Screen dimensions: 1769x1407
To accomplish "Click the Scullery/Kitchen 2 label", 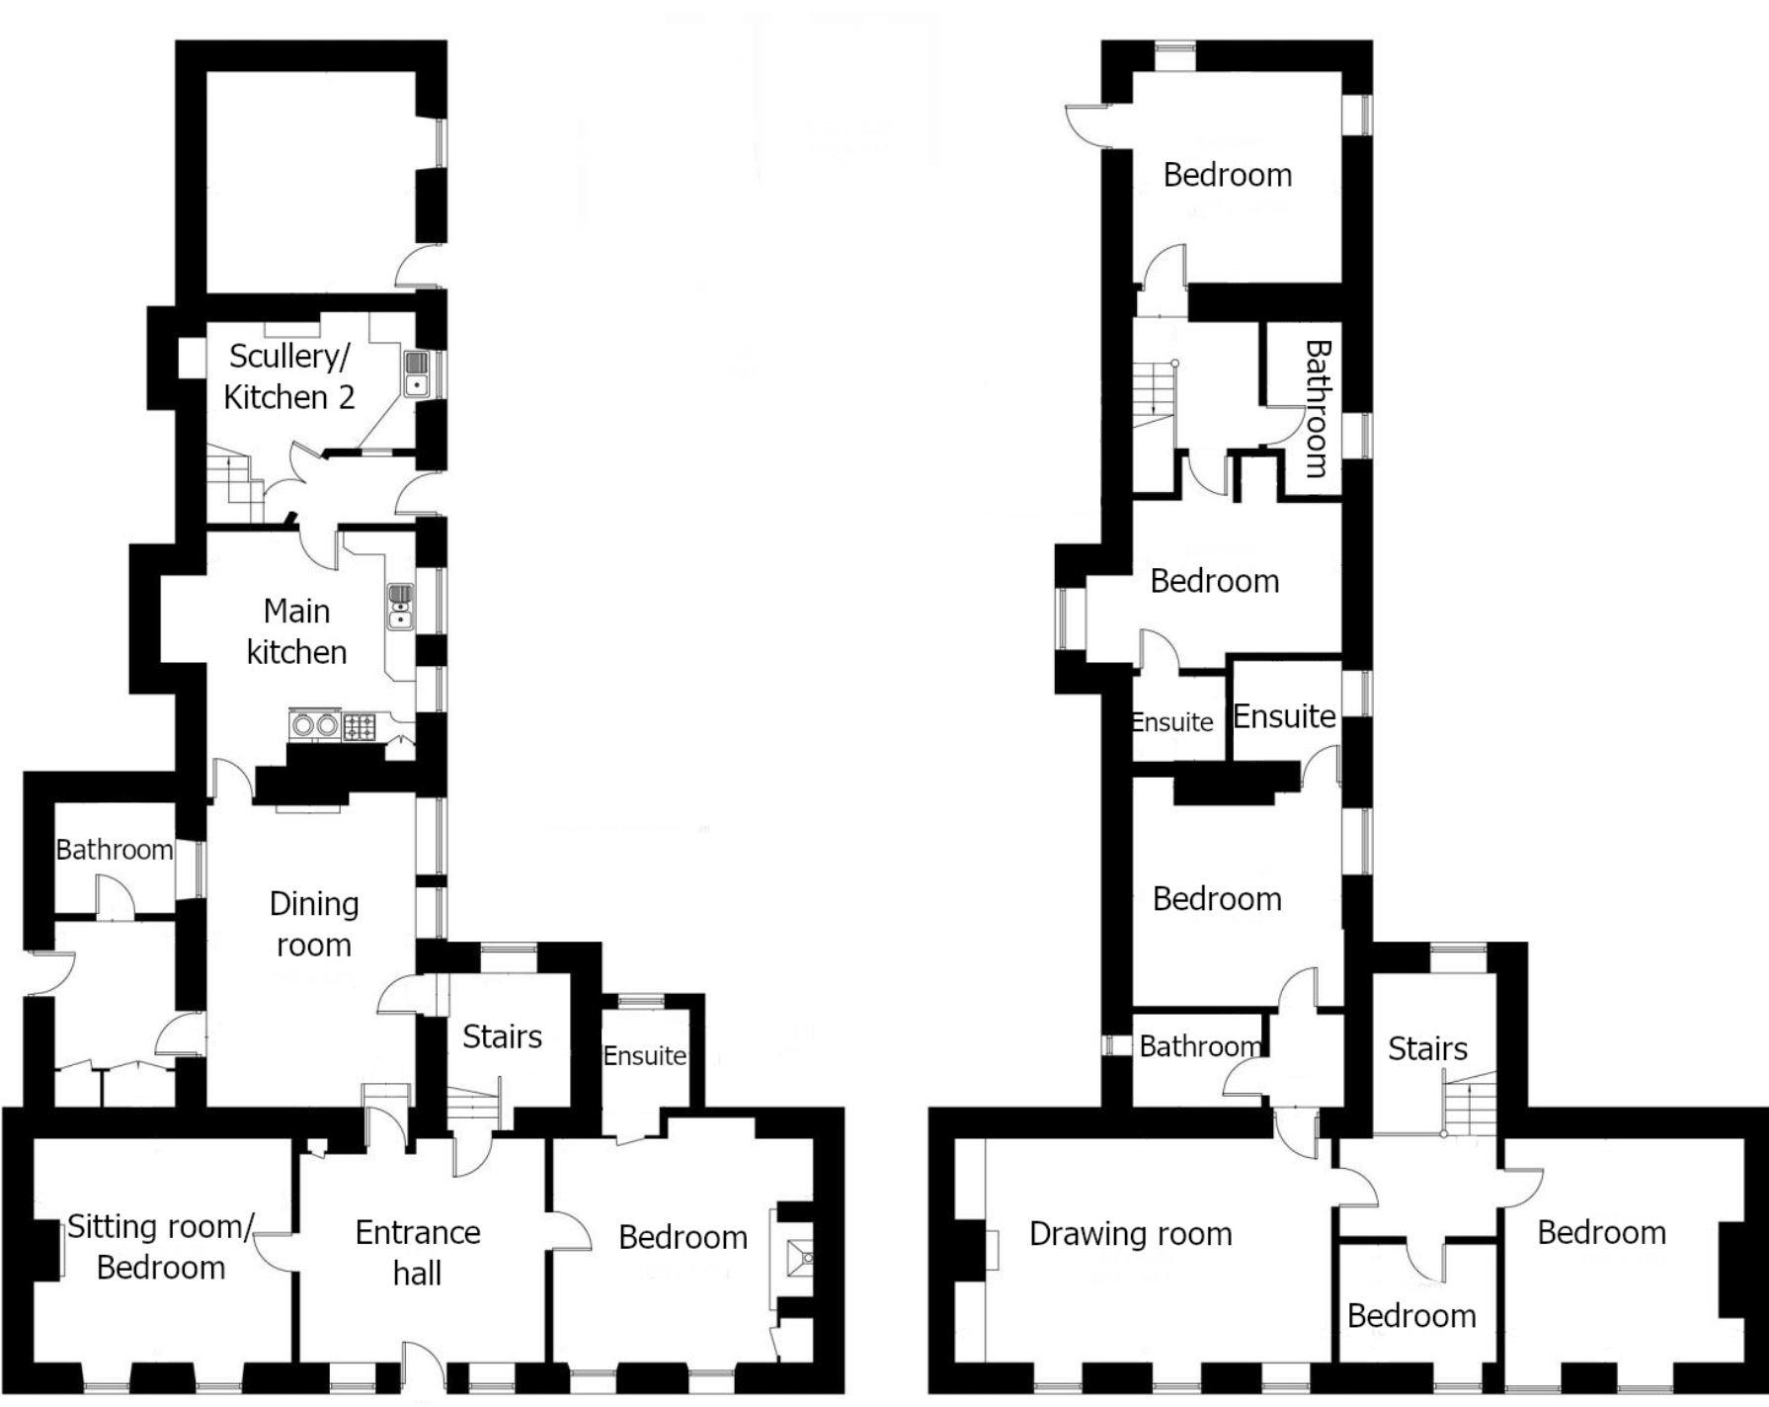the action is pyautogui.click(x=288, y=376).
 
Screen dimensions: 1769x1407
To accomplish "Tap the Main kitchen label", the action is pyautogui.click(x=296, y=631).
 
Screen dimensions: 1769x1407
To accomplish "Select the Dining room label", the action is pyautogui.click(x=314, y=924).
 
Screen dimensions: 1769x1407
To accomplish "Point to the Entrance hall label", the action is pyautogui.click(x=418, y=1253).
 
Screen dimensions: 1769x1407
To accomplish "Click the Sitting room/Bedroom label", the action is pyautogui.click(x=161, y=1247).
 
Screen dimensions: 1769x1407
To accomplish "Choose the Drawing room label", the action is pyautogui.click(x=1131, y=1233).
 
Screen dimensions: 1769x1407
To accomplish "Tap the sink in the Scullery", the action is pyautogui.click(x=417, y=373).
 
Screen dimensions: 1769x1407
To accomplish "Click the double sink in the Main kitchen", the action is pyautogui.click(x=400, y=606).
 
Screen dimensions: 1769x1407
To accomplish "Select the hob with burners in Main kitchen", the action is pyautogui.click(x=359, y=727).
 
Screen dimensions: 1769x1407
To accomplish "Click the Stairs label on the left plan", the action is pyautogui.click(x=502, y=1036).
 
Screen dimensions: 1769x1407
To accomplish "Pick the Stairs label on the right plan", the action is pyautogui.click(x=1427, y=1048).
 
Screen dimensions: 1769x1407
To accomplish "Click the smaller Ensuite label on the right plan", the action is pyautogui.click(x=1172, y=722).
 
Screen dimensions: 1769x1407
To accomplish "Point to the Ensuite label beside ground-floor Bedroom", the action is pyautogui.click(x=645, y=1056).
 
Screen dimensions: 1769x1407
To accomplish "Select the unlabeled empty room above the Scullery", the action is pyautogui.click(x=311, y=182).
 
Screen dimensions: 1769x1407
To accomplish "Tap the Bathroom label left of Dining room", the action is pyautogui.click(x=115, y=850).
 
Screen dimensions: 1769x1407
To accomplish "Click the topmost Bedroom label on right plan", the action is pyautogui.click(x=1228, y=175).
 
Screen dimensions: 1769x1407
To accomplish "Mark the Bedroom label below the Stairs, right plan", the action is pyautogui.click(x=1411, y=1316).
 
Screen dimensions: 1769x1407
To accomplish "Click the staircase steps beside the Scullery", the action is pyautogui.click(x=235, y=484).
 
